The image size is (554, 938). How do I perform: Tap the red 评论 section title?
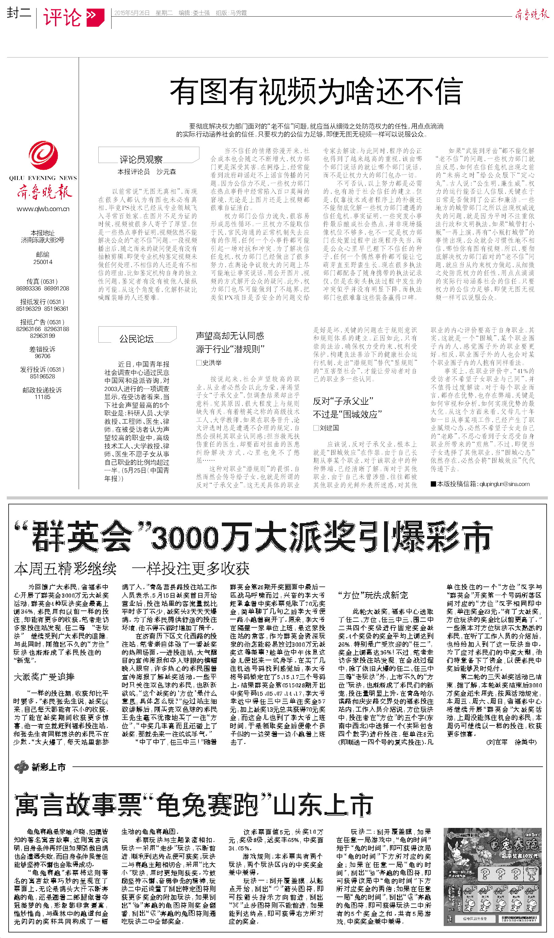click(62, 17)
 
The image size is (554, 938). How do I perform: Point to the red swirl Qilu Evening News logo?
click(43, 156)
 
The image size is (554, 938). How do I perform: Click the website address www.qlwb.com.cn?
click(43, 209)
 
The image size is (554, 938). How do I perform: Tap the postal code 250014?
click(43, 262)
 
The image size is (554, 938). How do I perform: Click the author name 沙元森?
click(166, 172)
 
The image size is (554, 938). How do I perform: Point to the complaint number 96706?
click(43, 356)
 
